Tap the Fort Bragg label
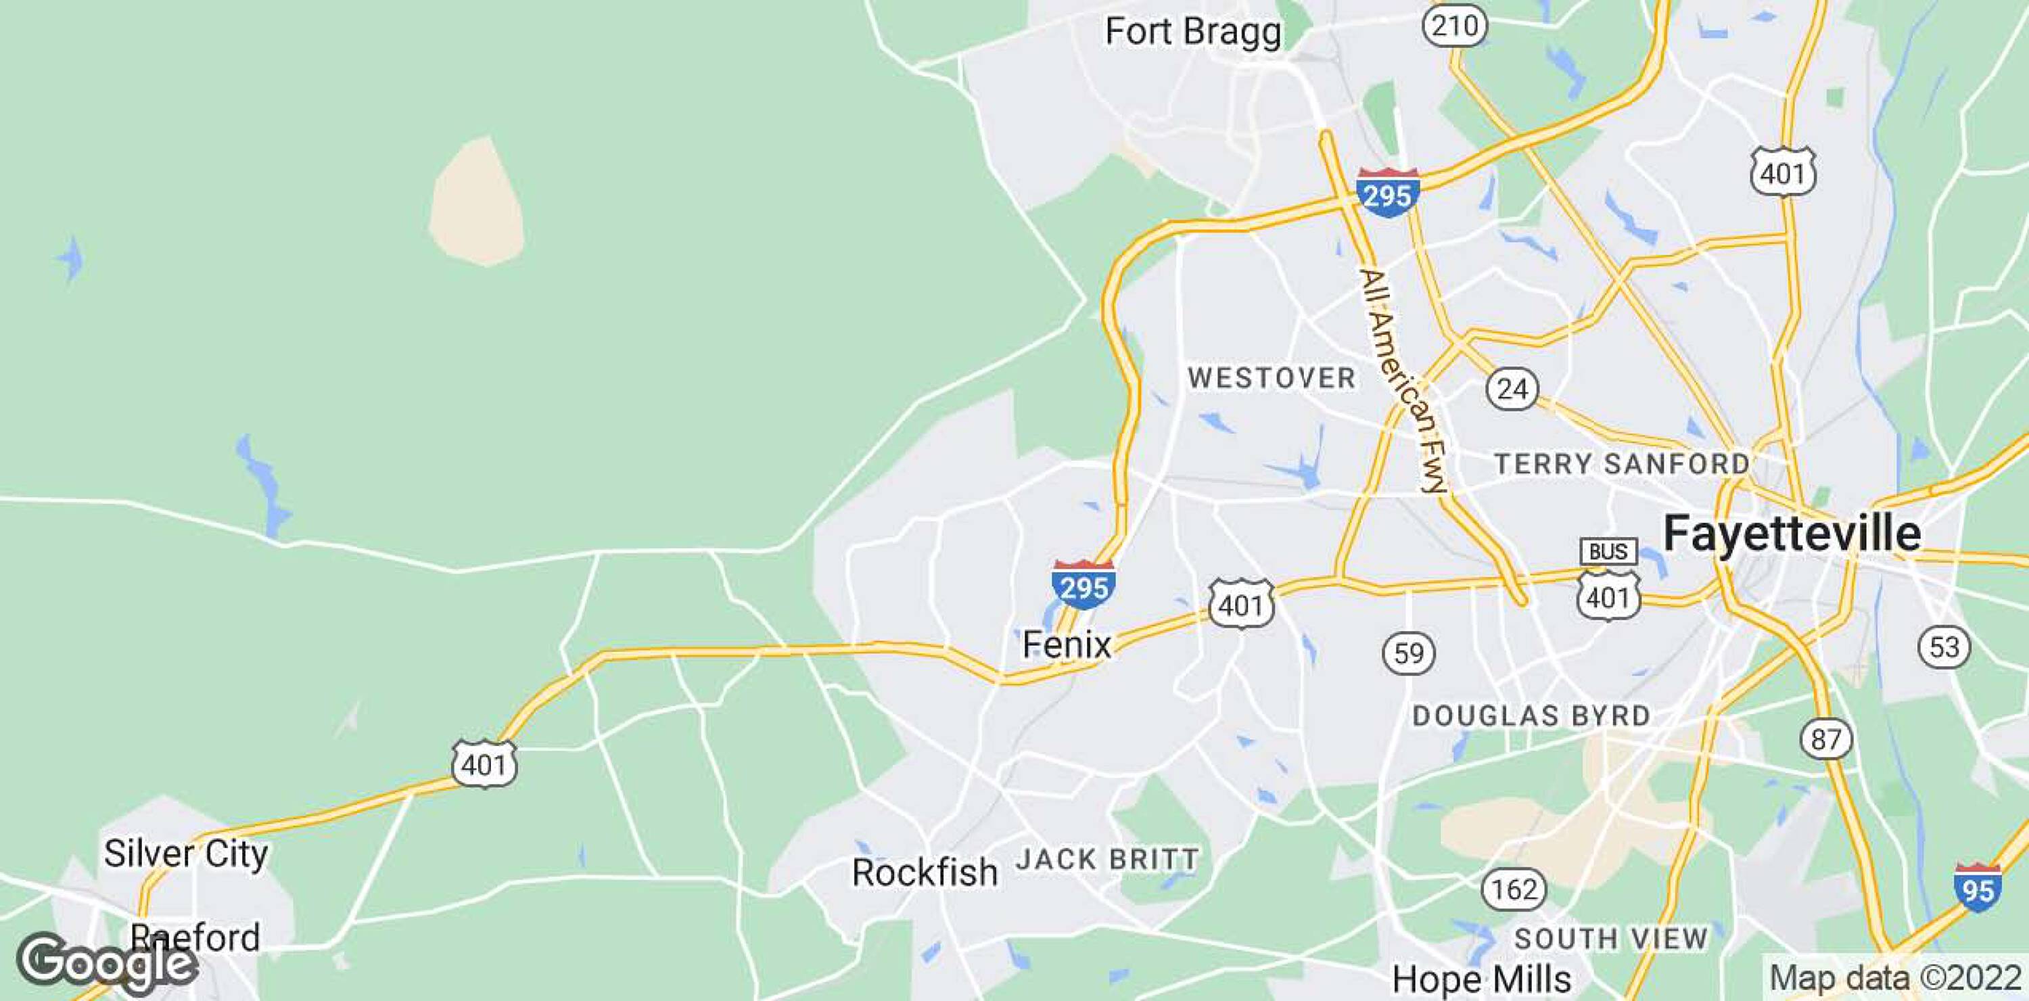coord(1193,32)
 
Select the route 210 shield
coord(1454,27)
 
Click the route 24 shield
coord(1512,389)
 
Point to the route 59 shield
coord(1408,653)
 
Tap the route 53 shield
coord(1944,647)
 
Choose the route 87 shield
coord(1826,739)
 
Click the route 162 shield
coord(1514,889)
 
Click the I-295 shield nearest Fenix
coord(1083,584)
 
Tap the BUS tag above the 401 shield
coord(1608,551)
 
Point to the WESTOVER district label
coord(1272,378)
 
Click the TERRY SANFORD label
coord(1622,464)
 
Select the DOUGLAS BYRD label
coord(1531,716)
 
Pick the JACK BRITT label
coord(1106,858)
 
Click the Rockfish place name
coord(925,872)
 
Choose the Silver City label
coord(186,853)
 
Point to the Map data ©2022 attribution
coord(1895,978)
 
